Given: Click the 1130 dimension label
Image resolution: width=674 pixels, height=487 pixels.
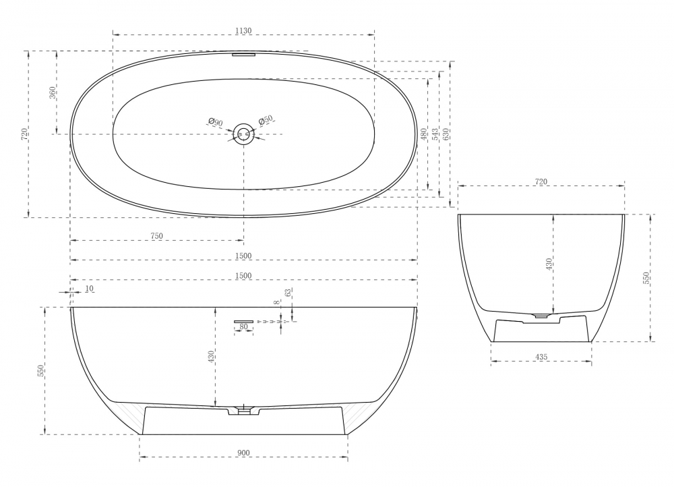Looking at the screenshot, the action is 243,31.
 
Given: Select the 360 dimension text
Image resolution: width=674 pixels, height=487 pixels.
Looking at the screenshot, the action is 53,92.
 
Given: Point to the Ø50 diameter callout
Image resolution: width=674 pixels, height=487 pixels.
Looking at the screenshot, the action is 266,121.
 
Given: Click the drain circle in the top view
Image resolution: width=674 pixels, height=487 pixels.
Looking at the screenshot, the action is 244,134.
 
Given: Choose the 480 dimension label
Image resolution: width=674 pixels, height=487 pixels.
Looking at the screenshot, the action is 424,134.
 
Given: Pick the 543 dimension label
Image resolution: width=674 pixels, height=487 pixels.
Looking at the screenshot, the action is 435,134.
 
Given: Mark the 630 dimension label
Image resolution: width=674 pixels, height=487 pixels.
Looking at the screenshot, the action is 446,134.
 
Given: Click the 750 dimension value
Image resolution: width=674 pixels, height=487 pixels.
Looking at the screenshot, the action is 157,236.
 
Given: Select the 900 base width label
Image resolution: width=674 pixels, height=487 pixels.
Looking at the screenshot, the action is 243,453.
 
